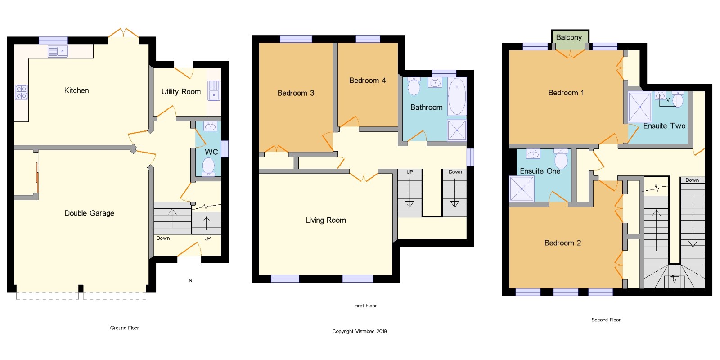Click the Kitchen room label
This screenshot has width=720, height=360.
click(76, 90)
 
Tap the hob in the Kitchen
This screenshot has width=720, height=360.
click(22, 92)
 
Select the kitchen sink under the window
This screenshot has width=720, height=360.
click(58, 51)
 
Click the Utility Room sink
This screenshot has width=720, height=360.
click(214, 90)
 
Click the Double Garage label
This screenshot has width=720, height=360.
click(90, 213)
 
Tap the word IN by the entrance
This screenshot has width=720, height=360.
click(190, 280)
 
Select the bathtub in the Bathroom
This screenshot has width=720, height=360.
click(457, 96)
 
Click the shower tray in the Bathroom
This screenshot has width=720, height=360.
click(457, 130)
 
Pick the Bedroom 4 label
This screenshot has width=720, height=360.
click(367, 81)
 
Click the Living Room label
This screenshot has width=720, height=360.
click(326, 220)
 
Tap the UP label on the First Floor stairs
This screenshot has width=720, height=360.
click(409, 172)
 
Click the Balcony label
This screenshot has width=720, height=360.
click(569, 37)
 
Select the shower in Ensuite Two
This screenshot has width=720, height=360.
click(639, 107)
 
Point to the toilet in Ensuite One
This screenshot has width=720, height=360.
click(561, 158)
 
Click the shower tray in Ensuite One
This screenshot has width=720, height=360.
click(522, 189)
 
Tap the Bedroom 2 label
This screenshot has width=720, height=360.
click(562, 243)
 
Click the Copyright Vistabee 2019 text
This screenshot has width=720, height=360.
click(360, 331)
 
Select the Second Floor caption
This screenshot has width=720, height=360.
click(606, 319)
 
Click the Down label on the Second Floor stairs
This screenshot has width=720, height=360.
click(692, 180)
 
